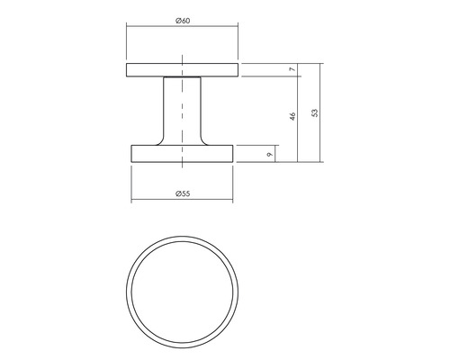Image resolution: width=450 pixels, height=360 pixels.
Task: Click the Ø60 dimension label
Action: point(182,20)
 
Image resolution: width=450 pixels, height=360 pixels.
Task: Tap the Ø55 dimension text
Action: point(182,193)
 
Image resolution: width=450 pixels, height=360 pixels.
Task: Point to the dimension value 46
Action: point(292,117)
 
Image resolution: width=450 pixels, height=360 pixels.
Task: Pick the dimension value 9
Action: point(269,154)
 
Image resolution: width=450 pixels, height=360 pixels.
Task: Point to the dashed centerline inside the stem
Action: point(183,112)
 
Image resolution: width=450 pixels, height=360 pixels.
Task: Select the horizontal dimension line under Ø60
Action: point(153,28)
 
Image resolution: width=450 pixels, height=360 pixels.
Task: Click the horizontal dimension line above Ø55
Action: point(153,201)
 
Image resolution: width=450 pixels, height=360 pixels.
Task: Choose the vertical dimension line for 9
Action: point(276,154)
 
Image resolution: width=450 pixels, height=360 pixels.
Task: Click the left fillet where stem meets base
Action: point(159,140)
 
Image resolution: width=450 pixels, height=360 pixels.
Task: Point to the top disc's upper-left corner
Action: point(126,65)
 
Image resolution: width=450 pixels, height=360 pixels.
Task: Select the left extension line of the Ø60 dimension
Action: point(126,45)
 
